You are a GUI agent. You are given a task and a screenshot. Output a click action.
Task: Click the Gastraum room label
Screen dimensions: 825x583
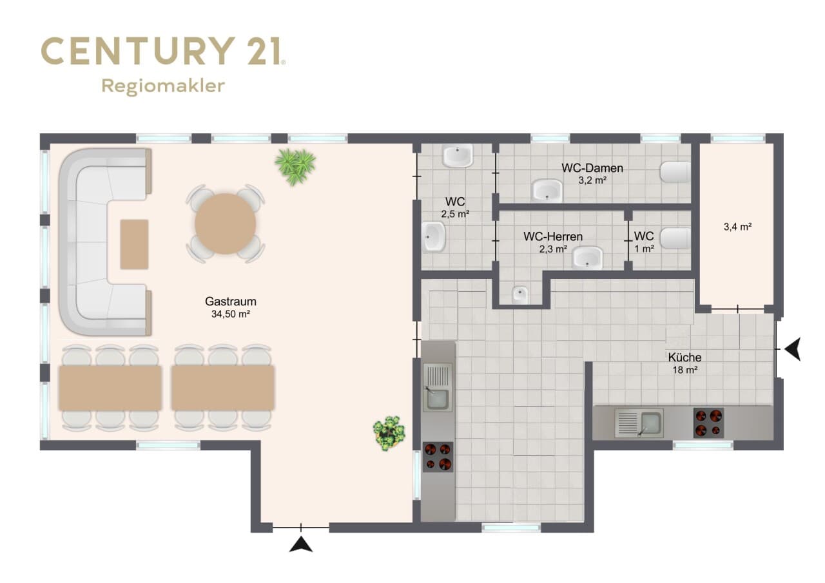[231, 301]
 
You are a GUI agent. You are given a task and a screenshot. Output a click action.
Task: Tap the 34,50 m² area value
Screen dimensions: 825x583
[231, 314]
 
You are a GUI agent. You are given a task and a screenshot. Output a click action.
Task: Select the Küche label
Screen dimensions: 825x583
[684, 358]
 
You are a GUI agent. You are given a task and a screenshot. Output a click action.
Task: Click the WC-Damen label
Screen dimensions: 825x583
[592, 168]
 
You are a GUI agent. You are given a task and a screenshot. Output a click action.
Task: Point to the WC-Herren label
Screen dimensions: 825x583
[553, 236]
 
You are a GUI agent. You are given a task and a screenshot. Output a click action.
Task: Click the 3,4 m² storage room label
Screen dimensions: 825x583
[737, 227]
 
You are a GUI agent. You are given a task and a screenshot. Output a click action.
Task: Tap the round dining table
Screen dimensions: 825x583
[226, 224]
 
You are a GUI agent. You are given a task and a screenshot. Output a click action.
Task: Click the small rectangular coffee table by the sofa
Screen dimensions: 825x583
[135, 244]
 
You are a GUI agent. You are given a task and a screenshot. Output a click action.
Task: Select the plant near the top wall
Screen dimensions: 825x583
[295, 166]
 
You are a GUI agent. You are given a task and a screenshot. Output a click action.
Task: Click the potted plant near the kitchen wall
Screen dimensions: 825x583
[389, 433]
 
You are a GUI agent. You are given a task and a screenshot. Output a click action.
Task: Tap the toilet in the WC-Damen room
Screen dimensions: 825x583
[675, 172]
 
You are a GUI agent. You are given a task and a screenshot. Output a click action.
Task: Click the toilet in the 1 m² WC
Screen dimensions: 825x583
[675, 238]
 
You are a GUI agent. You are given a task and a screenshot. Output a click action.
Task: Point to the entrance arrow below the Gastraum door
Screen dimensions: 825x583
[301, 545]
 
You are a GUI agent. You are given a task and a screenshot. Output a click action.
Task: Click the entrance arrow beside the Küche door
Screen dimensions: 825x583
[793, 349]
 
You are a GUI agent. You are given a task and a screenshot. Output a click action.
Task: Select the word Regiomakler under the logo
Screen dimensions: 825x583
[163, 86]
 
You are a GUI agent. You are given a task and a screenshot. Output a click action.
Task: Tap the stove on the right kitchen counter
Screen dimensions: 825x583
[708, 423]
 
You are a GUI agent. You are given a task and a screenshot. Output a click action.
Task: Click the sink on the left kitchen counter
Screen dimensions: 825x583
[438, 387]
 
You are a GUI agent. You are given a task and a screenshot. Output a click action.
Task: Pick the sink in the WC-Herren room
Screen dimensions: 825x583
[587, 257]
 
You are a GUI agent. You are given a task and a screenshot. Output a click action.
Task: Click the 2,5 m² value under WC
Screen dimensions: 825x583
[455, 215]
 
